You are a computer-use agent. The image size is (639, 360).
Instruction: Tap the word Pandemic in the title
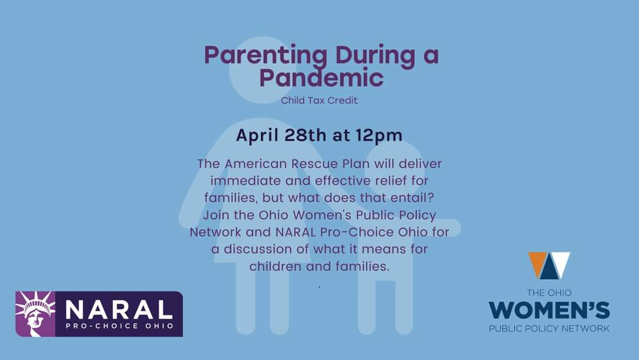pyautogui.click(x=321, y=78)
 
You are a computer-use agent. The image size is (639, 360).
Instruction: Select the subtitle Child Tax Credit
pyautogui.click(x=319, y=100)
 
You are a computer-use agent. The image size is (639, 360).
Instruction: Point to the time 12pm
pyautogui.click(x=379, y=135)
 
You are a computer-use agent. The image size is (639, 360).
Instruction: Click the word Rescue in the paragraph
pyautogui.click(x=323, y=163)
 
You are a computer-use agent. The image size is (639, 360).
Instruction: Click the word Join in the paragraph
pyautogui.click(x=225, y=214)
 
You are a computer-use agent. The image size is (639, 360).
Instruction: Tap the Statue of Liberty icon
pyautogui.click(x=35, y=313)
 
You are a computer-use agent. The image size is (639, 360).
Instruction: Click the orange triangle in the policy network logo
pyautogui.click(x=538, y=262)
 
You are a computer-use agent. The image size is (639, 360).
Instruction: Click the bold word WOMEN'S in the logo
pyautogui.click(x=549, y=310)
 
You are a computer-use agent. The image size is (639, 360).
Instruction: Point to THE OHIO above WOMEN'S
pyautogui.click(x=549, y=293)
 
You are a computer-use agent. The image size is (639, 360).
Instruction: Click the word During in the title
pyautogui.click(x=370, y=56)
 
